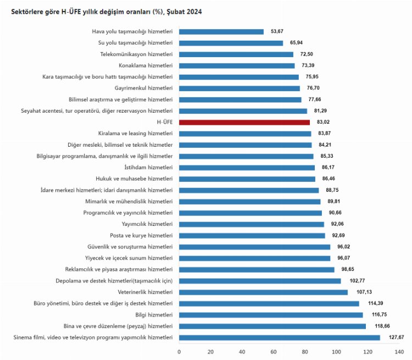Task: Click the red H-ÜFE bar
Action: click(244, 122)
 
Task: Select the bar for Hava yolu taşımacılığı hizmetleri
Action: click(221, 32)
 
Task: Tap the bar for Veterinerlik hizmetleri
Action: click(263, 292)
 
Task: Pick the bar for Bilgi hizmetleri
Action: click(271, 314)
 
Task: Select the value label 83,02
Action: click(322, 122)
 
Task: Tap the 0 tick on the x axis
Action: click(179, 351)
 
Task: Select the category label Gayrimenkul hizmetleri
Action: click(143, 88)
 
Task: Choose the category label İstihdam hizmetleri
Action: click(149, 167)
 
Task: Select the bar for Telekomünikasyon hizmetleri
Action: click(236, 54)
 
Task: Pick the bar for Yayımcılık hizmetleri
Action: click(252, 224)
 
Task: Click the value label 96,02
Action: click(343, 247)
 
